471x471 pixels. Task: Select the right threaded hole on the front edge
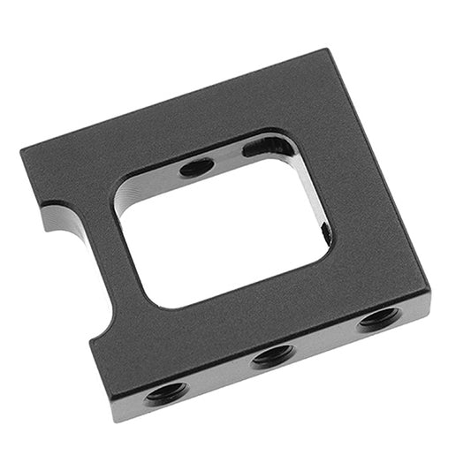click(x=380, y=318)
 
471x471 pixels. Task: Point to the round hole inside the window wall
click(x=196, y=165)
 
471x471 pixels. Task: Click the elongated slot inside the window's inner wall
click(x=268, y=147)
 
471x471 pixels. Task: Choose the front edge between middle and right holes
click(x=326, y=338)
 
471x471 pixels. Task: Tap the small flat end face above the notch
click(x=51, y=214)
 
